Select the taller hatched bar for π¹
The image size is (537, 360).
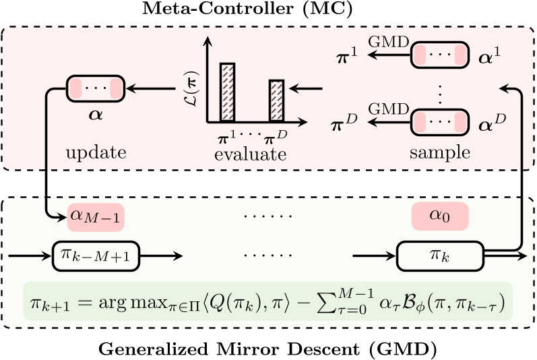[228, 92]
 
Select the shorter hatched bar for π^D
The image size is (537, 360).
[277, 100]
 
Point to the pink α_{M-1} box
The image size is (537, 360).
[96, 216]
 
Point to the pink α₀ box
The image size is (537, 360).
[439, 216]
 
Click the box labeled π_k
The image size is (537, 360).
[439, 256]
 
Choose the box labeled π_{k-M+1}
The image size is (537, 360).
[96, 256]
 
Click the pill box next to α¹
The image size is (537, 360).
[439, 55]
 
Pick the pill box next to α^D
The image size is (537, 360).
[439, 121]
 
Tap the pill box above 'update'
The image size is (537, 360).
[96, 87]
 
